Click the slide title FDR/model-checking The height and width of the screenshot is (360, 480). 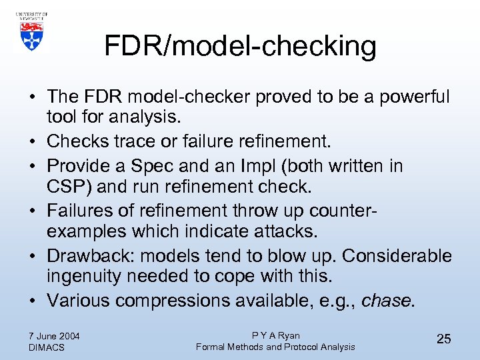coord(240,47)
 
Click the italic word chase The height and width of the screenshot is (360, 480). coord(387,301)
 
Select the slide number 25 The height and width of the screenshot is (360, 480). coord(443,339)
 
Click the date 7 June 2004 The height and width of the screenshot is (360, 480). coord(55,335)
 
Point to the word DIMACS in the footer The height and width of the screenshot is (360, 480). coord(47,347)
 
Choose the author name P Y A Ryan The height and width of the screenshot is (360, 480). coord(275,335)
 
